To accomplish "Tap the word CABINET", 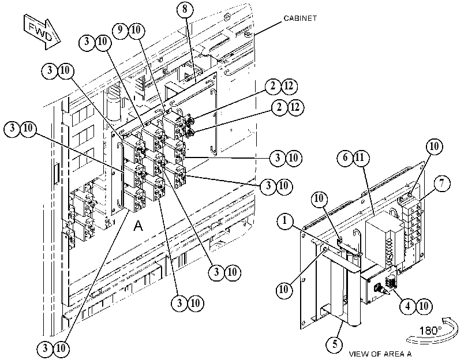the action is point(300,18).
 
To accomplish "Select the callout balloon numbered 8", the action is point(185,9).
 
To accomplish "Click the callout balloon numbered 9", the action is point(120,29).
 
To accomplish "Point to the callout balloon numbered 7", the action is point(441,183).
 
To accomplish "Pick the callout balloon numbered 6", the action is point(345,157).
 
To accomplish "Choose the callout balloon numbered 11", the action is point(361,157).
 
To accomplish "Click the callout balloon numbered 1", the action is point(285,221).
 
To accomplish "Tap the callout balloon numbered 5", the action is point(335,344).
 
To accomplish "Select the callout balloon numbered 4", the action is point(408,306).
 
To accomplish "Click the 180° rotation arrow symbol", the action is point(432,331).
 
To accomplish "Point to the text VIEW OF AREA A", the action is point(380,354).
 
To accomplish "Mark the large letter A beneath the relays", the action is point(138,226).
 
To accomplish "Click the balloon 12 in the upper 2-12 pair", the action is point(289,86).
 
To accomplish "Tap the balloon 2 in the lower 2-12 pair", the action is point(279,107).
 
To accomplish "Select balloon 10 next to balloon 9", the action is point(136,30).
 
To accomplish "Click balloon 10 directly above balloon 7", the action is point(434,147).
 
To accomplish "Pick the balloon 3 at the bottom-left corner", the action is point(46,348).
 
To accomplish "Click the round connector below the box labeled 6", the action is point(379,288).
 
